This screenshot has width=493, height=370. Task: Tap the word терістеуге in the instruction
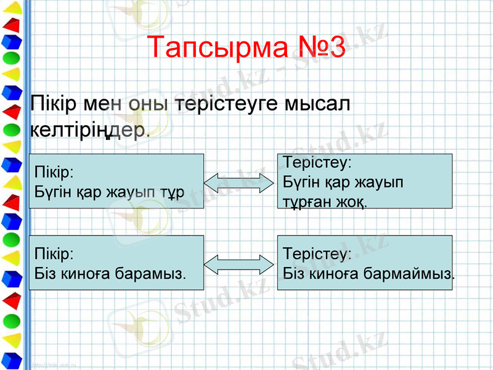tap(226, 104)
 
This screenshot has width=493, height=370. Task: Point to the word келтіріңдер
tap(89, 130)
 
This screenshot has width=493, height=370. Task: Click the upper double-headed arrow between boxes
tap(238, 183)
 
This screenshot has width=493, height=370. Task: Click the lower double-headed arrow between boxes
tap(238, 263)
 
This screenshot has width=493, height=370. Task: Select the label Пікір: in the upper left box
tap(54, 171)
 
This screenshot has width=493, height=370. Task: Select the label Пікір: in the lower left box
tap(54, 253)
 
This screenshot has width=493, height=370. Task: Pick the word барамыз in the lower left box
tap(153, 272)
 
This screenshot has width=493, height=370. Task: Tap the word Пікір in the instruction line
tap(51, 104)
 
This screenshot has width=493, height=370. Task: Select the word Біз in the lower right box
tap(293, 272)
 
